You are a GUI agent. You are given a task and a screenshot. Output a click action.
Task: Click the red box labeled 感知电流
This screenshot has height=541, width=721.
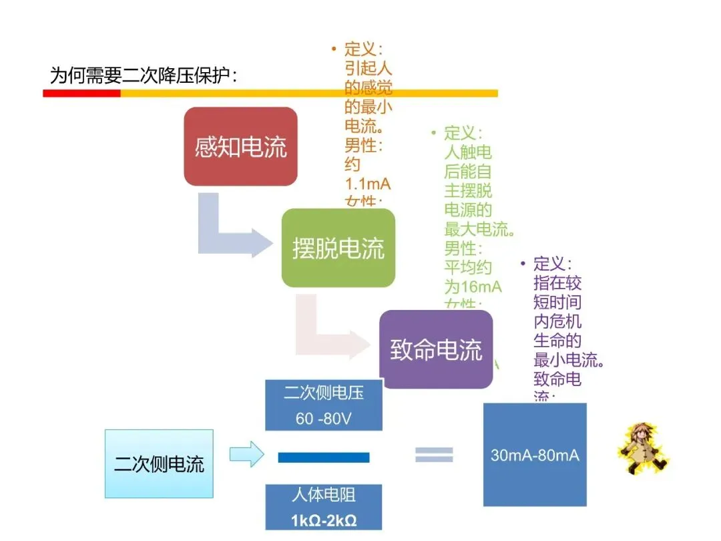240,146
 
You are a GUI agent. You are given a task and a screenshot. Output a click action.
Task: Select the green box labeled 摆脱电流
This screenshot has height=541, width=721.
338,248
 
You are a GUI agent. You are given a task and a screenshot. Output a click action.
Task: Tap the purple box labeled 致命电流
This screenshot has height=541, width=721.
436,349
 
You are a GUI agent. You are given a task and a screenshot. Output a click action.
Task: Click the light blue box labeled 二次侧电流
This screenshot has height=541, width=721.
159,464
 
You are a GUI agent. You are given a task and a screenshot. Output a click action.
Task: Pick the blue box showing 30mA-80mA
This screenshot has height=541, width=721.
535,455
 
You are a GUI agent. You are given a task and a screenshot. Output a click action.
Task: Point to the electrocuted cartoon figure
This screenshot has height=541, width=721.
642,448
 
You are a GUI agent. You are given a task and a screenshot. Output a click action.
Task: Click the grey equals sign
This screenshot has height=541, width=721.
434,455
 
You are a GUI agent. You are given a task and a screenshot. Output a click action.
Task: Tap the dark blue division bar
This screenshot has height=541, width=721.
324,458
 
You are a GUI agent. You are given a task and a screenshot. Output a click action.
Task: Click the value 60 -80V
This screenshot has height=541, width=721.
324,419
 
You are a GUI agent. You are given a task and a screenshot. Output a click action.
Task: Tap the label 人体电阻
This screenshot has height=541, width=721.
324,496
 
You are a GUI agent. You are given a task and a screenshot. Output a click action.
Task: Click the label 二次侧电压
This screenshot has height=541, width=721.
324,393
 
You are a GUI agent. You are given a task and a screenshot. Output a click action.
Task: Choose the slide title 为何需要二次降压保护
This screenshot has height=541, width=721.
144,75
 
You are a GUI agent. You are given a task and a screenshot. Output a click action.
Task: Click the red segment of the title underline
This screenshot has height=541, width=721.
81,94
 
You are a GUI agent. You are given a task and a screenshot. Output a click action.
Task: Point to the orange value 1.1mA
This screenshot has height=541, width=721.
367,183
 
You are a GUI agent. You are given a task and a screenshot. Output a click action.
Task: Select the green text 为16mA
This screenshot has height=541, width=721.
473,287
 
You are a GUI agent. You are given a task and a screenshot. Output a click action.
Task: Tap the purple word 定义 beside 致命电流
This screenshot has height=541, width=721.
551,264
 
